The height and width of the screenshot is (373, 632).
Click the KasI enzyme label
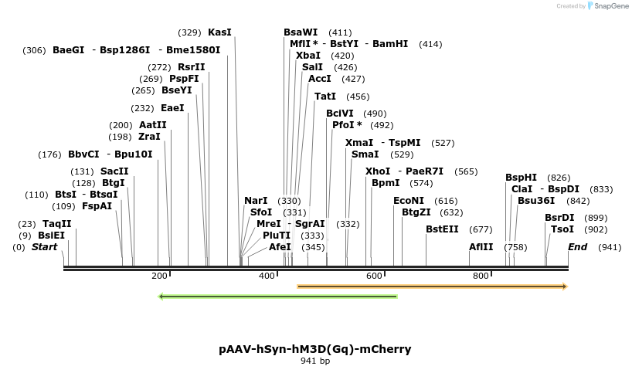point(219,32)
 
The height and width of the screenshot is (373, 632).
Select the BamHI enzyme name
point(390,44)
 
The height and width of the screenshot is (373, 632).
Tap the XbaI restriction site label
point(308,56)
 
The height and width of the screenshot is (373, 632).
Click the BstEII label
point(442,229)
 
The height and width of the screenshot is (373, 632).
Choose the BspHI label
point(521,178)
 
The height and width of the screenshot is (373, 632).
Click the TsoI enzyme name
point(562,229)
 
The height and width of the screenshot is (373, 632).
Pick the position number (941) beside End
point(610,247)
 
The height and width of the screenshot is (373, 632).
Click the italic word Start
point(44,247)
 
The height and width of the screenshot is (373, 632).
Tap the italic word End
point(577,247)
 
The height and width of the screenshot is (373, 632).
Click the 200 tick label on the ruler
point(160,276)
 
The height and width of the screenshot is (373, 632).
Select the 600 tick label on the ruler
point(374,276)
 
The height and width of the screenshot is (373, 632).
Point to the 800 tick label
point(481,276)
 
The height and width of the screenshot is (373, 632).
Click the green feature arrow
point(277,296)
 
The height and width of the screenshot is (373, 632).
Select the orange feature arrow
point(433,287)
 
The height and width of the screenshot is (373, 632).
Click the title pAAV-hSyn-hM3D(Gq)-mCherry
point(315,349)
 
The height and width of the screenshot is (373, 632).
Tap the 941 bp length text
point(315,361)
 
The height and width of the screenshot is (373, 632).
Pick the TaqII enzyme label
point(56,224)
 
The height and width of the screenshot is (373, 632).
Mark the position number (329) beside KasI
point(189,32)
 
